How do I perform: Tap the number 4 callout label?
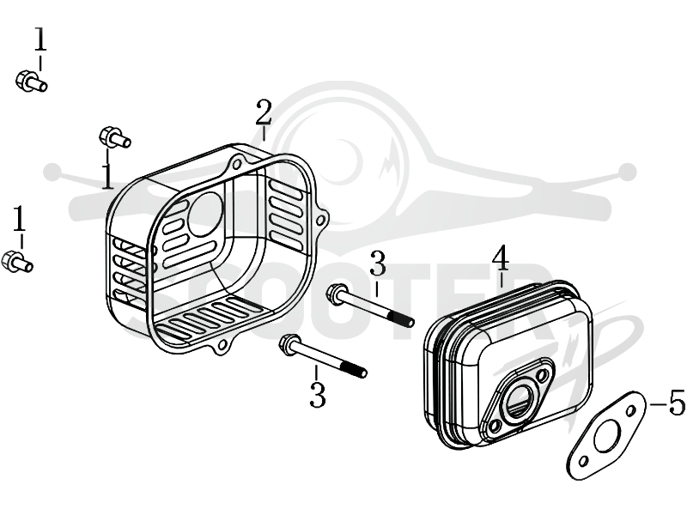click(501, 258)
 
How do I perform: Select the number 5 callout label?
click(677, 402)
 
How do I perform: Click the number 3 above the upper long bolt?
click(377, 264)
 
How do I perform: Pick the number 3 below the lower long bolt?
click(317, 395)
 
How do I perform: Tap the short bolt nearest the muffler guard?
click(115, 137)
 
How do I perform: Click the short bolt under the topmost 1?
click(31, 82)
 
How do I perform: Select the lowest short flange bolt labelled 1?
click(17, 262)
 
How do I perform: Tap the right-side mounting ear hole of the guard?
click(322, 219)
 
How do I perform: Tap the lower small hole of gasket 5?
click(583, 462)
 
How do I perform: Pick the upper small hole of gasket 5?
click(630, 411)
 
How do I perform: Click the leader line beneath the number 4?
click(502, 280)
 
